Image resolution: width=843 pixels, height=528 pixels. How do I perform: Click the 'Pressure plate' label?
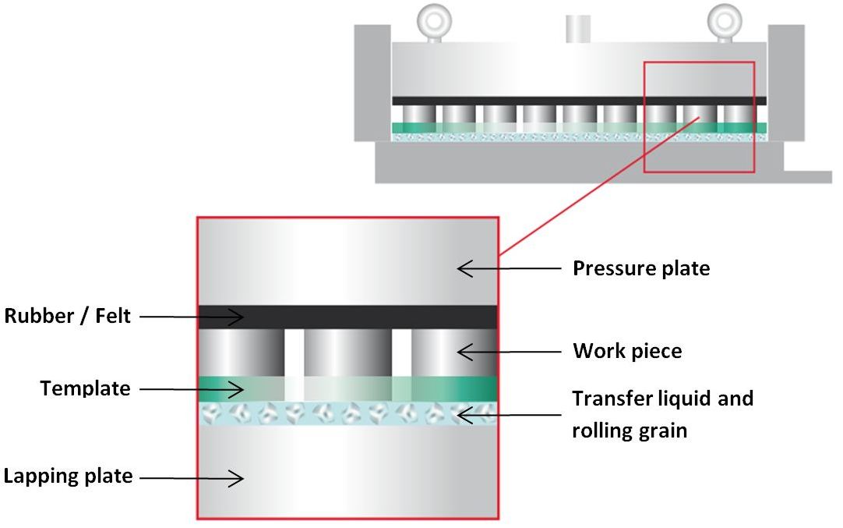point(641,268)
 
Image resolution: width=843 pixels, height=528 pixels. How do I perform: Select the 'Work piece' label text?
point(627,351)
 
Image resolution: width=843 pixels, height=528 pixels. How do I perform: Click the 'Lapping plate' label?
point(69,476)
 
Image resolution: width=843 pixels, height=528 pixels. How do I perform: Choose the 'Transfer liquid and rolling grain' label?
point(662,414)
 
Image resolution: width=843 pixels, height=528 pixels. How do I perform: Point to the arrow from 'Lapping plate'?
point(192,477)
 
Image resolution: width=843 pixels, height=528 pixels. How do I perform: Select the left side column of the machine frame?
point(372,82)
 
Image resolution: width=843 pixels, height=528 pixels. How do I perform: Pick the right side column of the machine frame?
point(785,82)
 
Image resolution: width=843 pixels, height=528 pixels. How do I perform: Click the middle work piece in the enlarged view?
point(347,353)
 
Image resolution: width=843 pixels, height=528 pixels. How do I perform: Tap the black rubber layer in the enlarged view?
point(347,317)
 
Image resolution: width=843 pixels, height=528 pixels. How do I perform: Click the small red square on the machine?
point(698,116)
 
